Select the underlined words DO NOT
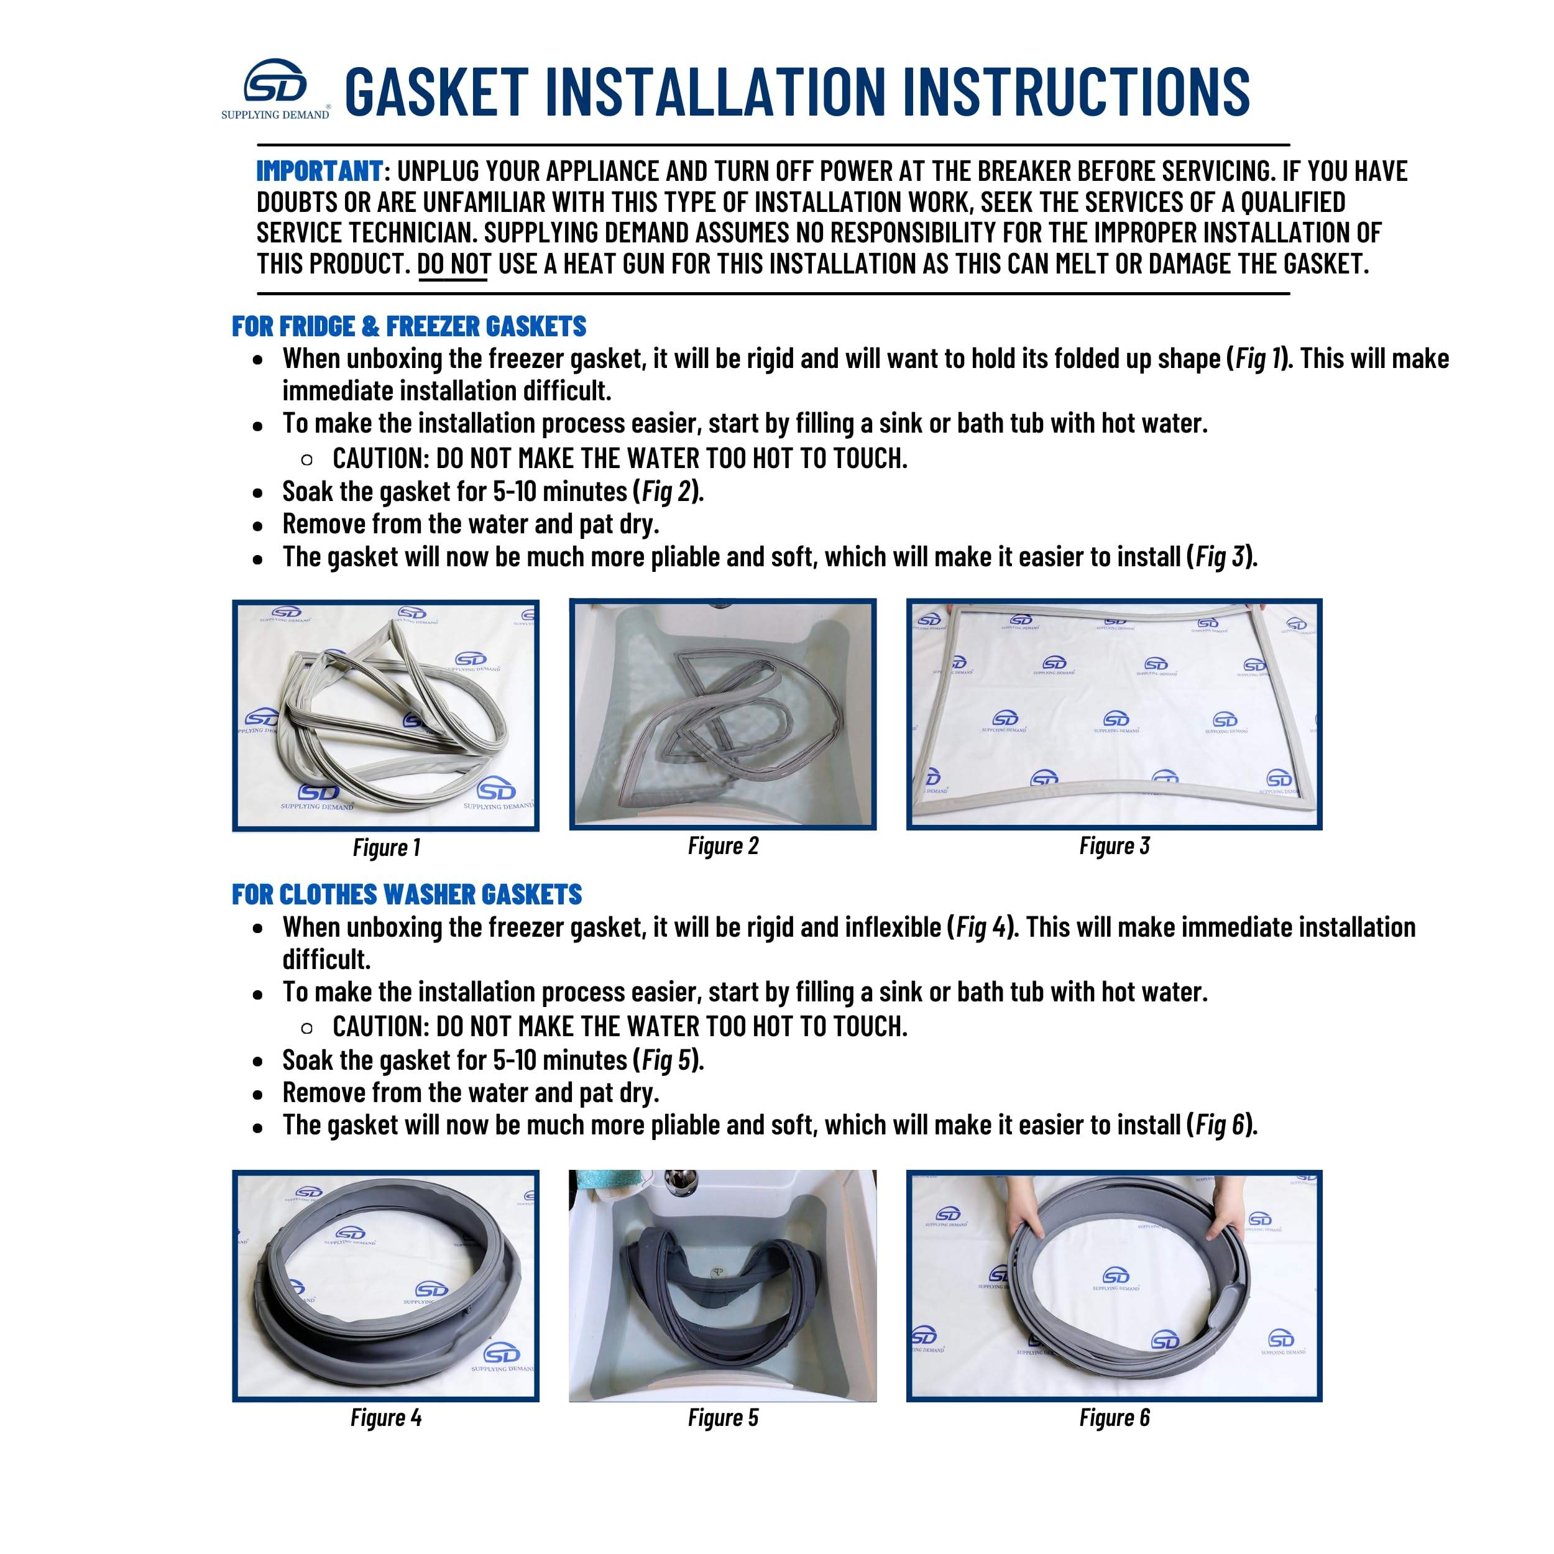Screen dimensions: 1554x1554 453,264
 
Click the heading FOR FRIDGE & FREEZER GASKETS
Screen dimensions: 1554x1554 408,326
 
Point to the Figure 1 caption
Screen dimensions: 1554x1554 386,847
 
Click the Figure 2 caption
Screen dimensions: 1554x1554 722,845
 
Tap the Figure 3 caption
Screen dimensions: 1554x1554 1114,845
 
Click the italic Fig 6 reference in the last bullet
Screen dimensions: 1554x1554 1220,1124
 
